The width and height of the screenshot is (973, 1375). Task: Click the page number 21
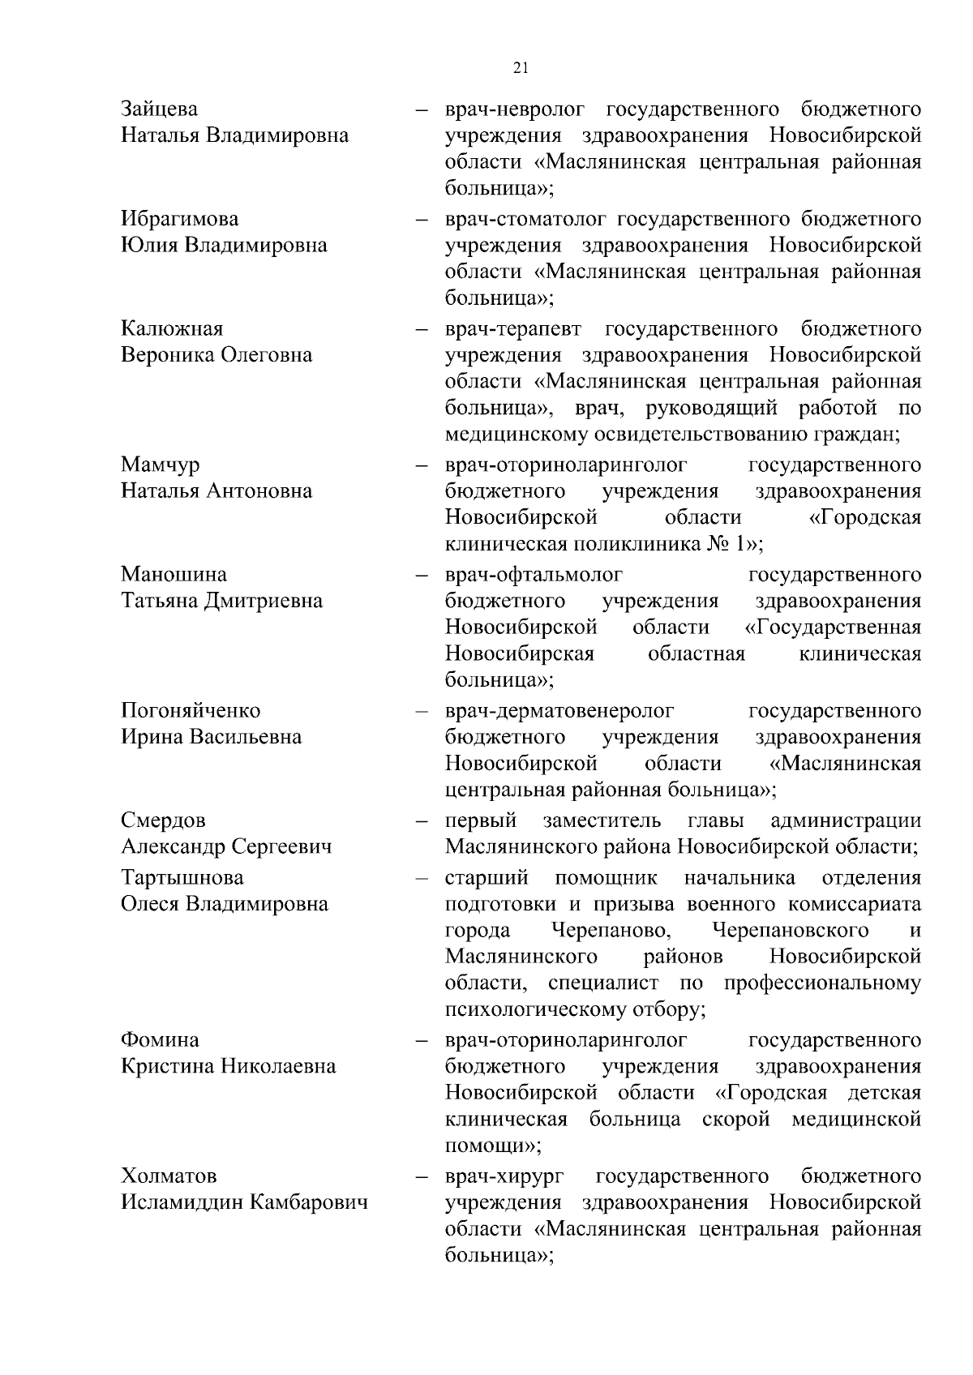521,68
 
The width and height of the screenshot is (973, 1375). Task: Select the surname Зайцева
159,109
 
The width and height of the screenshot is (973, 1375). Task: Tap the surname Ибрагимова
180,219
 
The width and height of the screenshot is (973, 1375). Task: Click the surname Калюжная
172,328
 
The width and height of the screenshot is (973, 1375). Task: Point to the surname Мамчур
160,465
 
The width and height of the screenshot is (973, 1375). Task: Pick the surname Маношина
174,574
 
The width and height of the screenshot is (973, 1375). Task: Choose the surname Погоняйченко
191,710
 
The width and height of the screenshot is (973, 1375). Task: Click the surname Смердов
163,820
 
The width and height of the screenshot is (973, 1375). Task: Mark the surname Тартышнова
182,877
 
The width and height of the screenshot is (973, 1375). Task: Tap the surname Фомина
160,1039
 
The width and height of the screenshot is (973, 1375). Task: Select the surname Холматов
169,1176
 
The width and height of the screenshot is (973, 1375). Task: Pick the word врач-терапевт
512,328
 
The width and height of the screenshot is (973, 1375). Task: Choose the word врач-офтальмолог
534,574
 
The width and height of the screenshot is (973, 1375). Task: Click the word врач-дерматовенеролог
559,710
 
